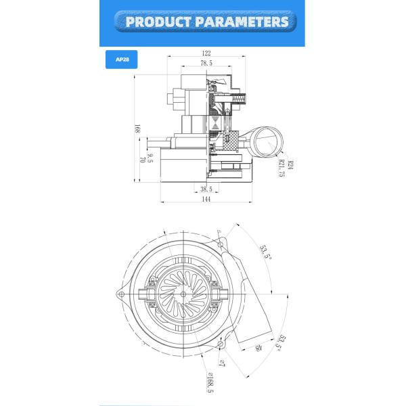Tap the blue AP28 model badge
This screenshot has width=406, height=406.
point(122,60)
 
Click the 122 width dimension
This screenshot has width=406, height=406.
point(206,53)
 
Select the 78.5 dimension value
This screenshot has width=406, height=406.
point(206,63)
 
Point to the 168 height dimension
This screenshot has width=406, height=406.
point(137,128)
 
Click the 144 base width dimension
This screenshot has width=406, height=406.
point(206,199)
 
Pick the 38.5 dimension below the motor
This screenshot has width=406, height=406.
point(206,189)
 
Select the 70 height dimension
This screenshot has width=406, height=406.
point(142,160)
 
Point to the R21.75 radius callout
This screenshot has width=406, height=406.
point(280,168)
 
